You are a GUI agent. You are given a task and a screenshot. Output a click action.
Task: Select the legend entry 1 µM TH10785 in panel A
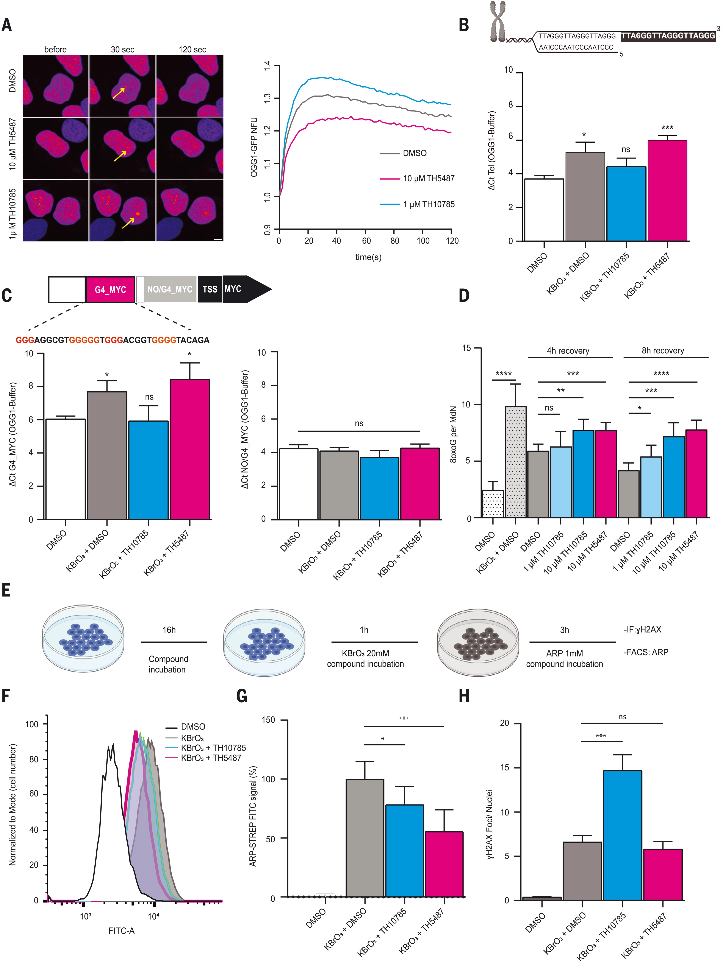tap(428, 204)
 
